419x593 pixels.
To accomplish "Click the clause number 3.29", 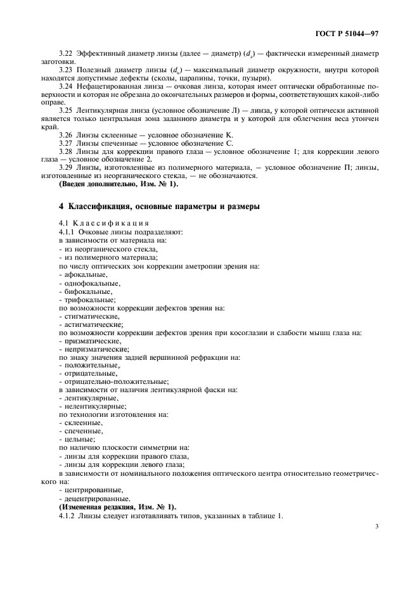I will [65, 167].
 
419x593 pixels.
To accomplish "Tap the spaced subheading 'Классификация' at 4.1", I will [112, 223].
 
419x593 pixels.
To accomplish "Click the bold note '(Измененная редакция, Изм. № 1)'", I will [117, 506].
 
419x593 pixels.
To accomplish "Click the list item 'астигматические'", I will [93, 324].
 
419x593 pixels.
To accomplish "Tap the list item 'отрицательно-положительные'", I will [115, 381].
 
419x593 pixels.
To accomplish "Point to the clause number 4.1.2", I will [67, 515].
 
